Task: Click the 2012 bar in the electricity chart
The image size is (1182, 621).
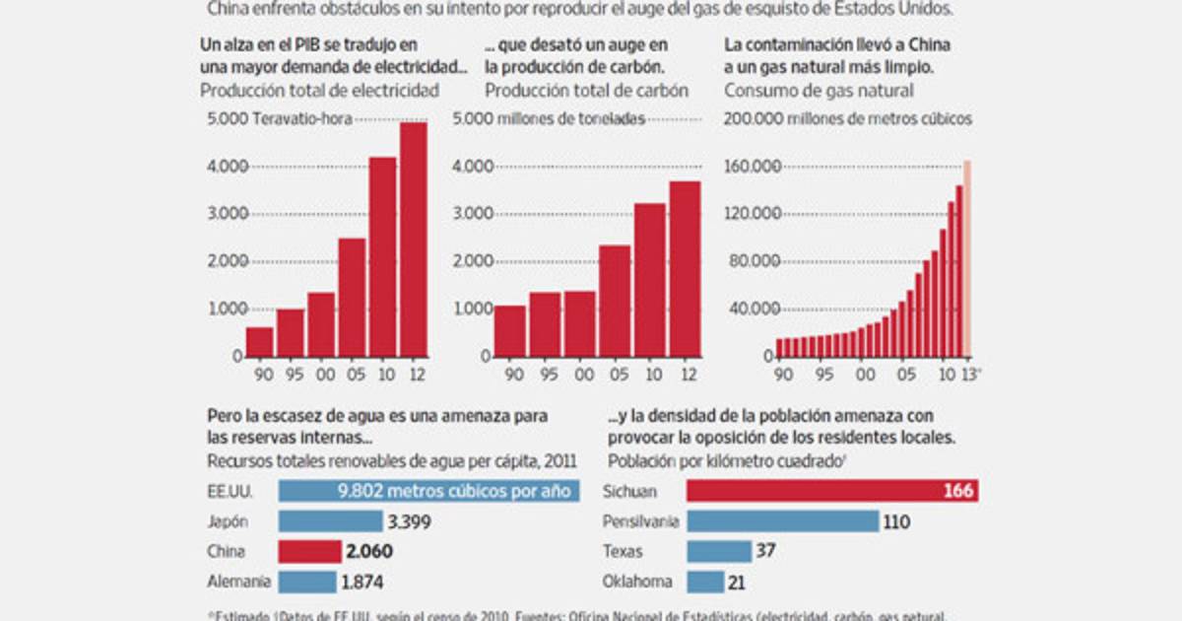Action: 413,239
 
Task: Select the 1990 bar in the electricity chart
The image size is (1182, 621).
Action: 260,341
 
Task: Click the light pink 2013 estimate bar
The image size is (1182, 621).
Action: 967,258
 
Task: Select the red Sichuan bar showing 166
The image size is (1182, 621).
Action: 831,491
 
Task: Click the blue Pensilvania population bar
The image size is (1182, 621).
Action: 782,520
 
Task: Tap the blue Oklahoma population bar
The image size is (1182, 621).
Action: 704,582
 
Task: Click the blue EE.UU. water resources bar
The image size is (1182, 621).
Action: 428,491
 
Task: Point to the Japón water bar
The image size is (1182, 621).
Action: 328,521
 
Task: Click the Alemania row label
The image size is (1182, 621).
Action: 237,583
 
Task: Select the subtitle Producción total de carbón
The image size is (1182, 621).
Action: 586,91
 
